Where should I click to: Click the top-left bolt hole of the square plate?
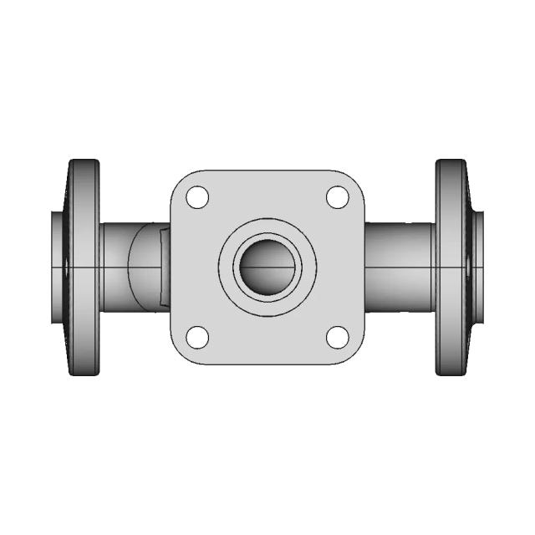196,198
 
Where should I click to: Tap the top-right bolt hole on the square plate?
337,198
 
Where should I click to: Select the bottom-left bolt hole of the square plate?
196,337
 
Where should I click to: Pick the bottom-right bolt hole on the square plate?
337,337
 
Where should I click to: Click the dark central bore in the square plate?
267,268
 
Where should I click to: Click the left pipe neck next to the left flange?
114,267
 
